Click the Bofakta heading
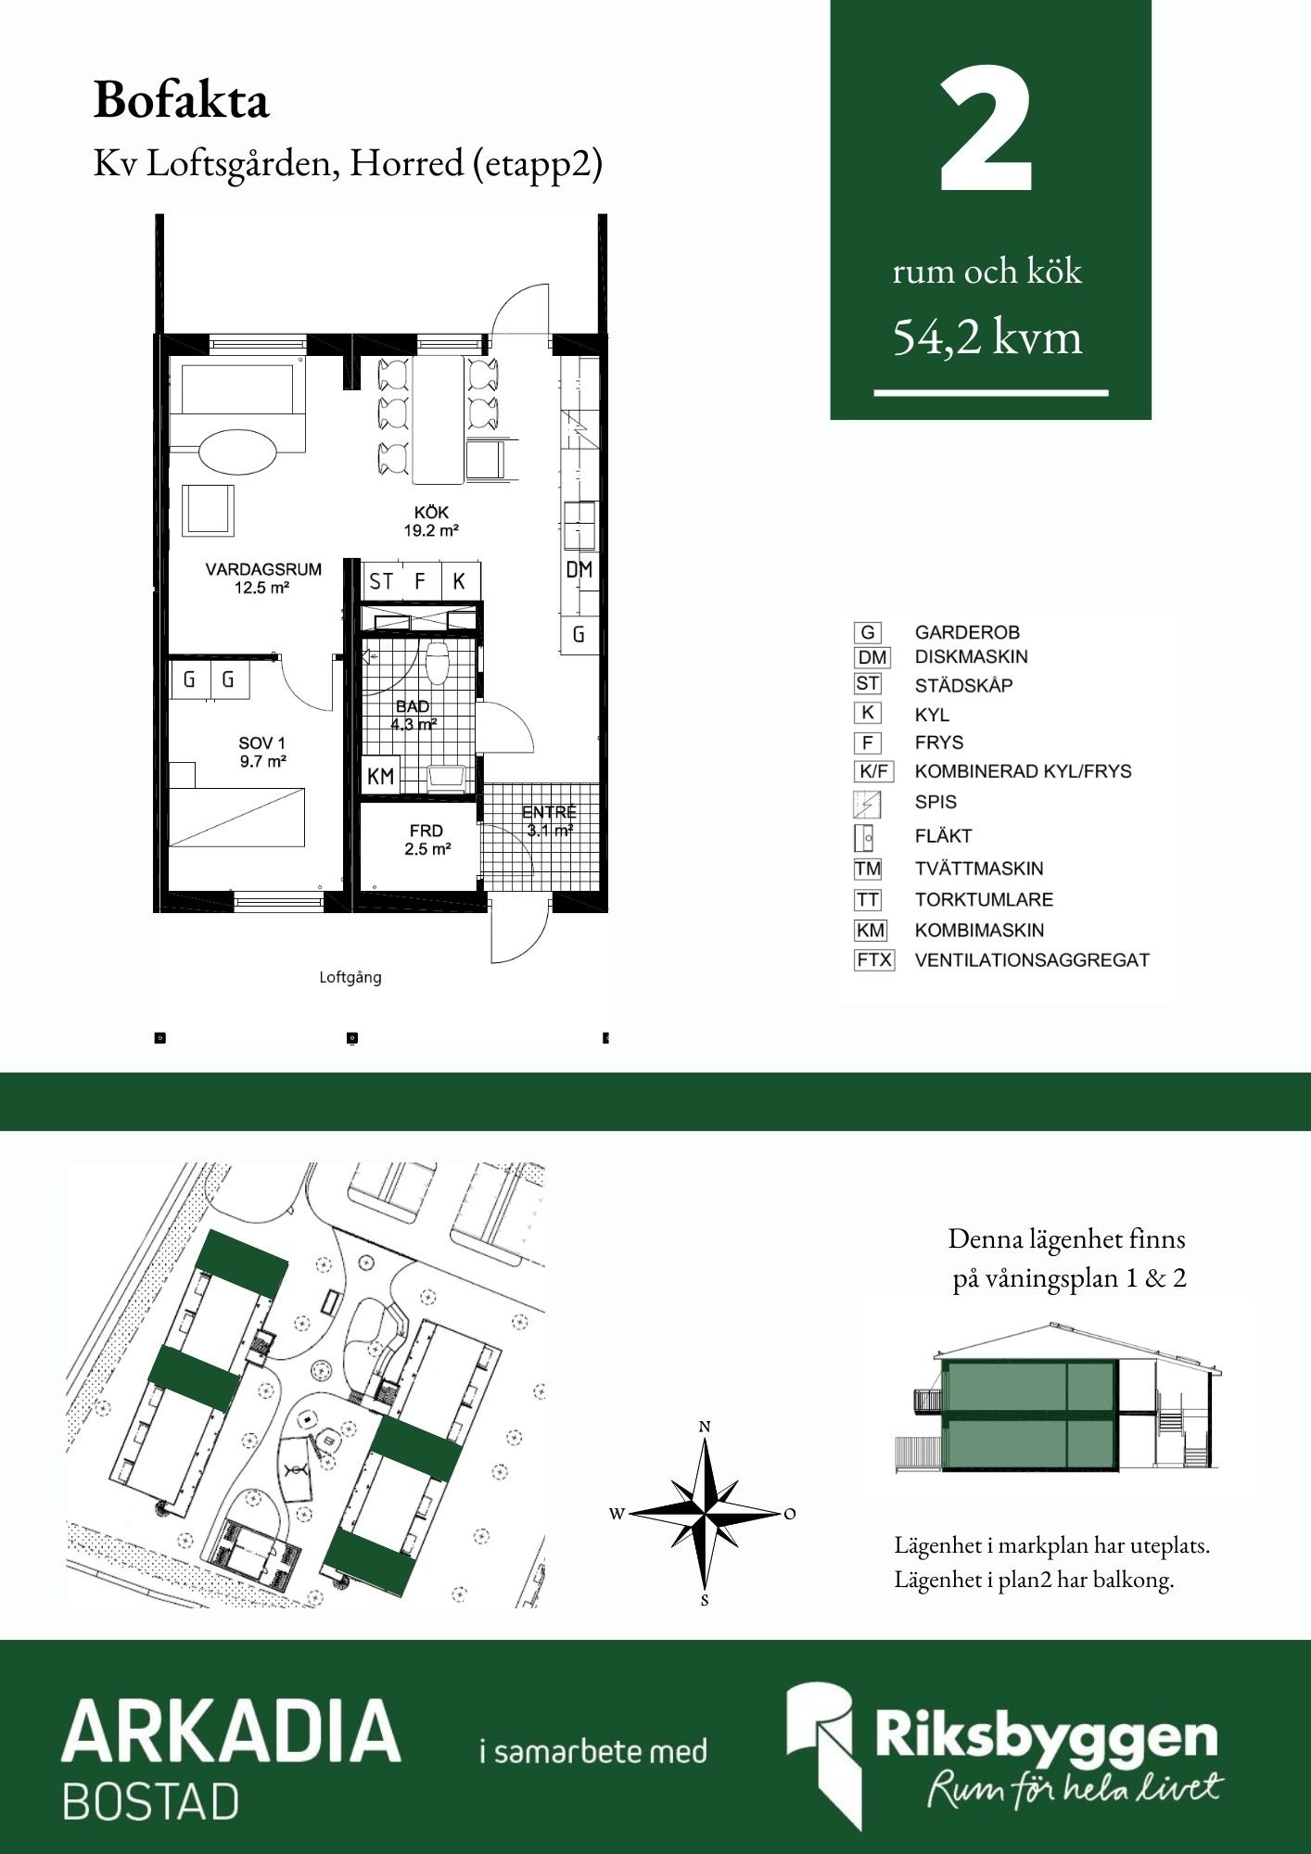click(181, 100)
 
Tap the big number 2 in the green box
click(986, 130)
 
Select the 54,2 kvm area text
click(987, 337)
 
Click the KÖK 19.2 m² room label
click(432, 521)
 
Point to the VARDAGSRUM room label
click(263, 569)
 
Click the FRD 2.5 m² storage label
click(426, 840)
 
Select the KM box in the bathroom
click(380, 777)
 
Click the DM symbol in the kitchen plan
click(579, 569)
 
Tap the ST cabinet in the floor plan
click(381, 581)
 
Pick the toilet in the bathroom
click(438, 662)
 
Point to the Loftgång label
click(350, 977)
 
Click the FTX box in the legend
click(873, 960)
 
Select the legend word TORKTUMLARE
click(984, 899)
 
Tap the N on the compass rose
click(705, 1427)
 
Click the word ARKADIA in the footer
click(231, 1731)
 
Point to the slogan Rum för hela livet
click(1076, 1785)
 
